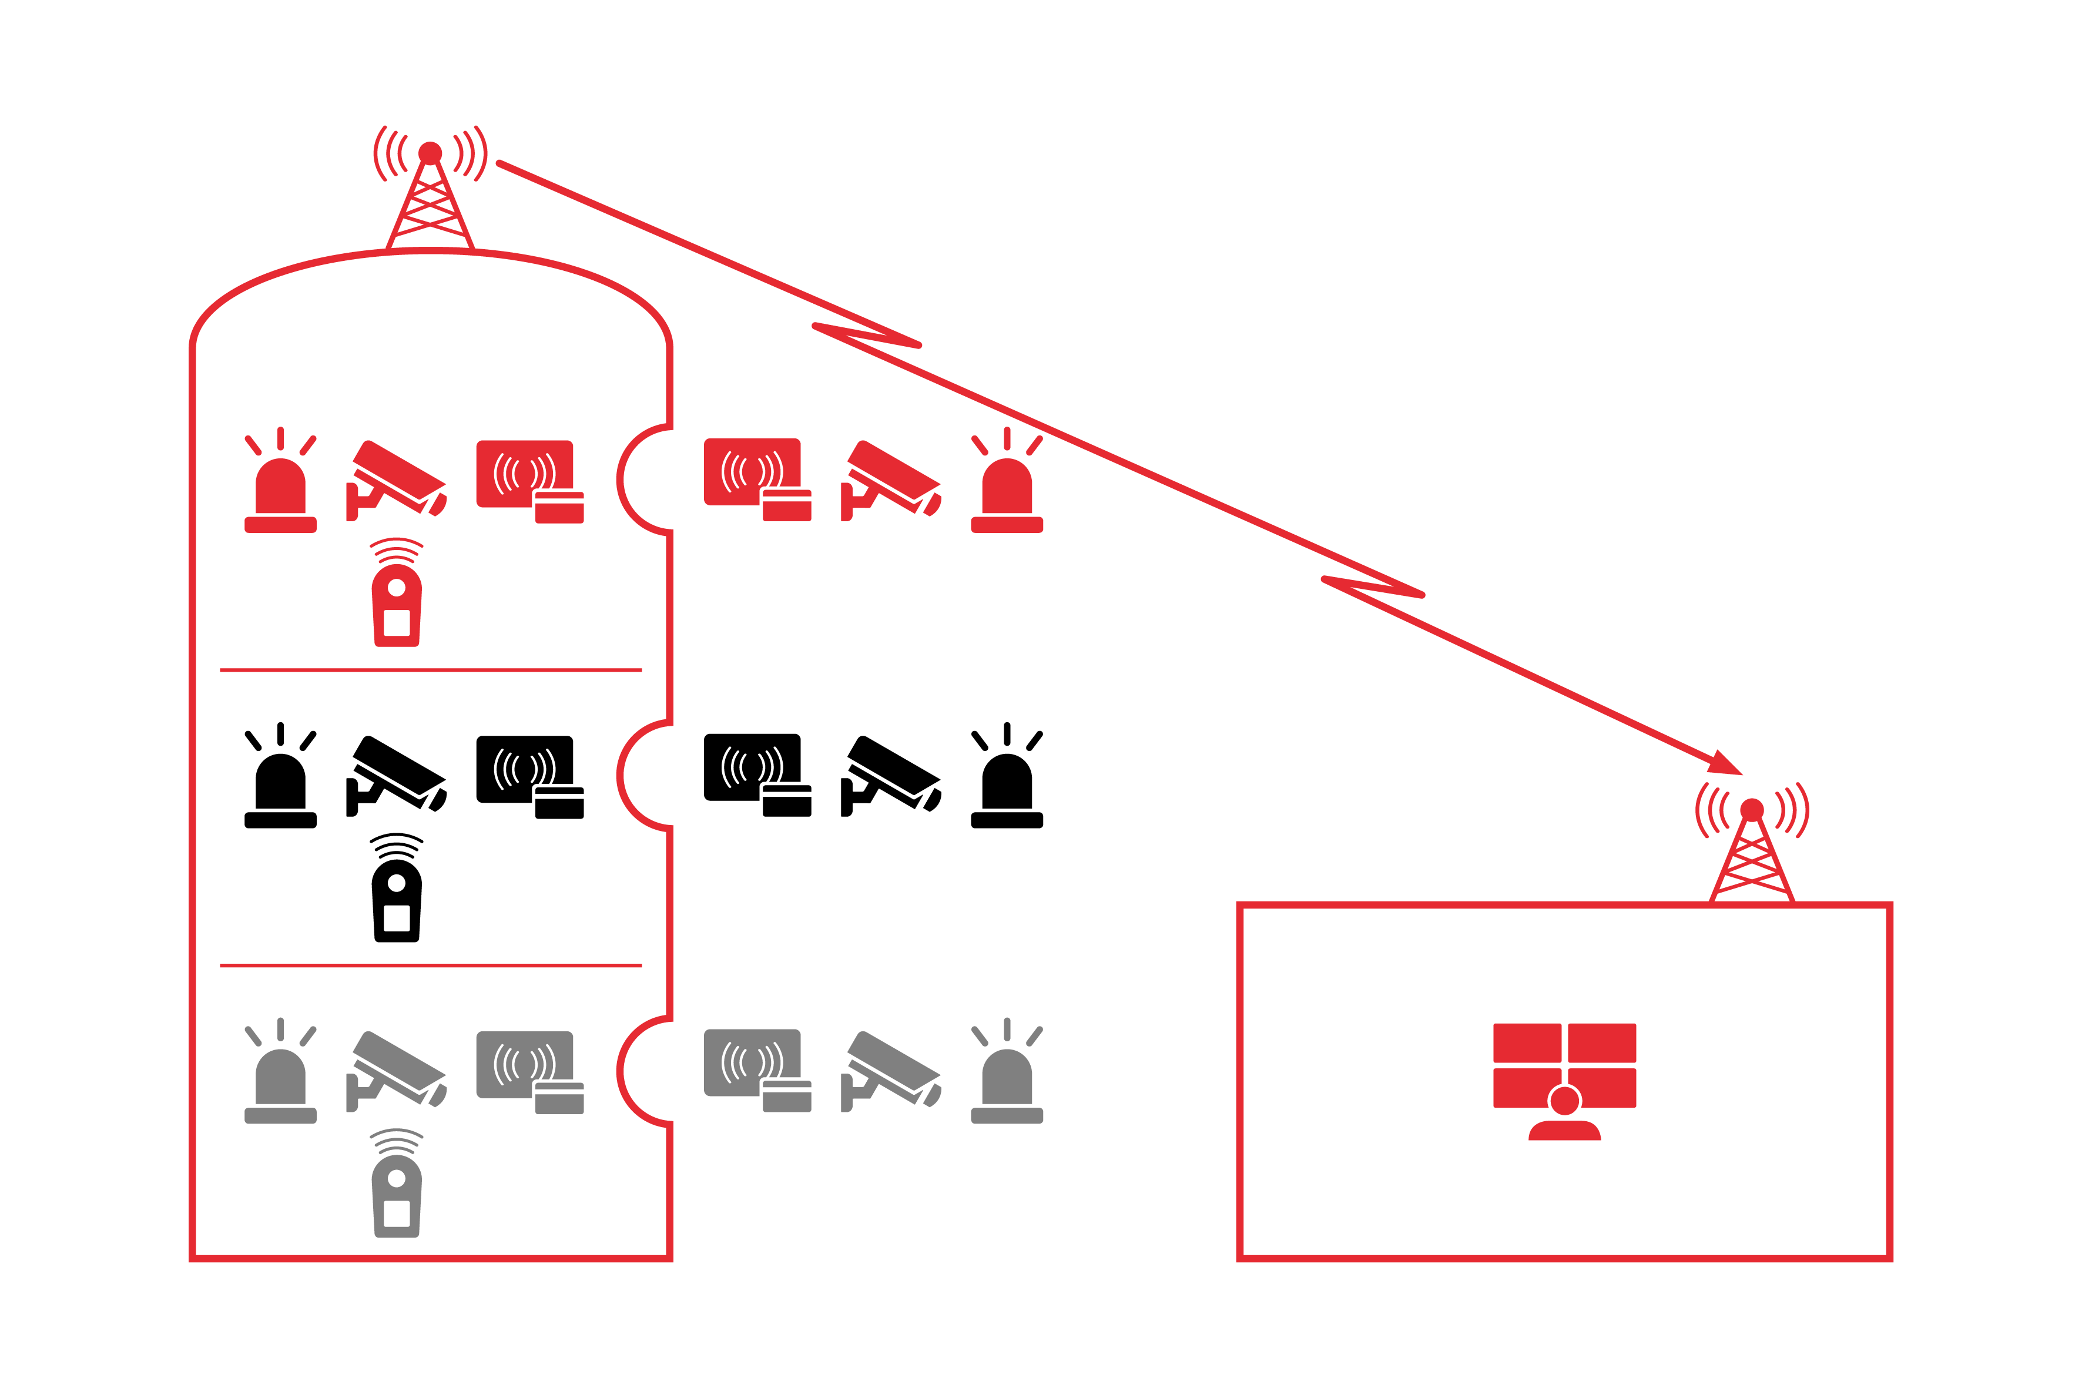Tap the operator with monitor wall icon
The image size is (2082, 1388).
coord(1564,1080)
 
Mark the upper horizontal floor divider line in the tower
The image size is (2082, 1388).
coord(430,670)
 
